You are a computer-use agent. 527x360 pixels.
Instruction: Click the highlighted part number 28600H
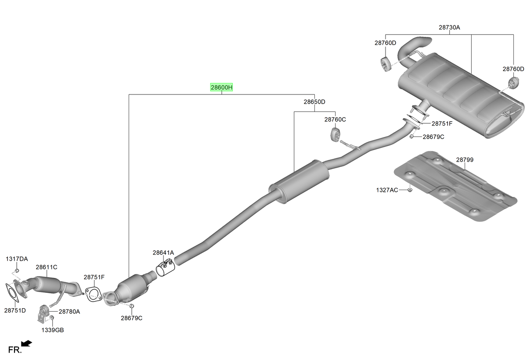(221, 87)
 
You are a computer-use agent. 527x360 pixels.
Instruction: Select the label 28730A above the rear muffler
(449, 28)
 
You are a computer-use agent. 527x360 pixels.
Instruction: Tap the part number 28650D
(314, 102)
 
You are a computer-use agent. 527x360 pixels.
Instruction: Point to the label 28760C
(335, 119)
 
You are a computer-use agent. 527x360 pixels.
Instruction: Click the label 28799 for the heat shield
(465, 160)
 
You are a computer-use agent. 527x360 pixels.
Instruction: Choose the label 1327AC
(387, 190)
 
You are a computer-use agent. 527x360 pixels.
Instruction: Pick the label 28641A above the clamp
(163, 253)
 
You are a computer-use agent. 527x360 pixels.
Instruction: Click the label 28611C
(47, 267)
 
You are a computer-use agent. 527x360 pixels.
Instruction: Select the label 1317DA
(17, 259)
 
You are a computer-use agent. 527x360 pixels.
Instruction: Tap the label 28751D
(15, 311)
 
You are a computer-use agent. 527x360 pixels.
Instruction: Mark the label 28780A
(69, 312)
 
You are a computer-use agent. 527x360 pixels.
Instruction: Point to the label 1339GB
(53, 330)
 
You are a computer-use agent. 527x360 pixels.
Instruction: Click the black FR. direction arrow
(26, 344)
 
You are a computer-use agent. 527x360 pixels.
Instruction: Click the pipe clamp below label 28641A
(166, 268)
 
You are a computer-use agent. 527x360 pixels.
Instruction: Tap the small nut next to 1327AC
(410, 190)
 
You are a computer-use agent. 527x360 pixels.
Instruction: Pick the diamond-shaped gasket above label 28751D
(12, 292)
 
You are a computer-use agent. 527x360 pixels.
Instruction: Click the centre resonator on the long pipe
(299, 181)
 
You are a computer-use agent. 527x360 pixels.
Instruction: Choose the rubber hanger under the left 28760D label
(386, 64)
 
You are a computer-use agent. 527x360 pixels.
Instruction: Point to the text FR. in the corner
(15, 349)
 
